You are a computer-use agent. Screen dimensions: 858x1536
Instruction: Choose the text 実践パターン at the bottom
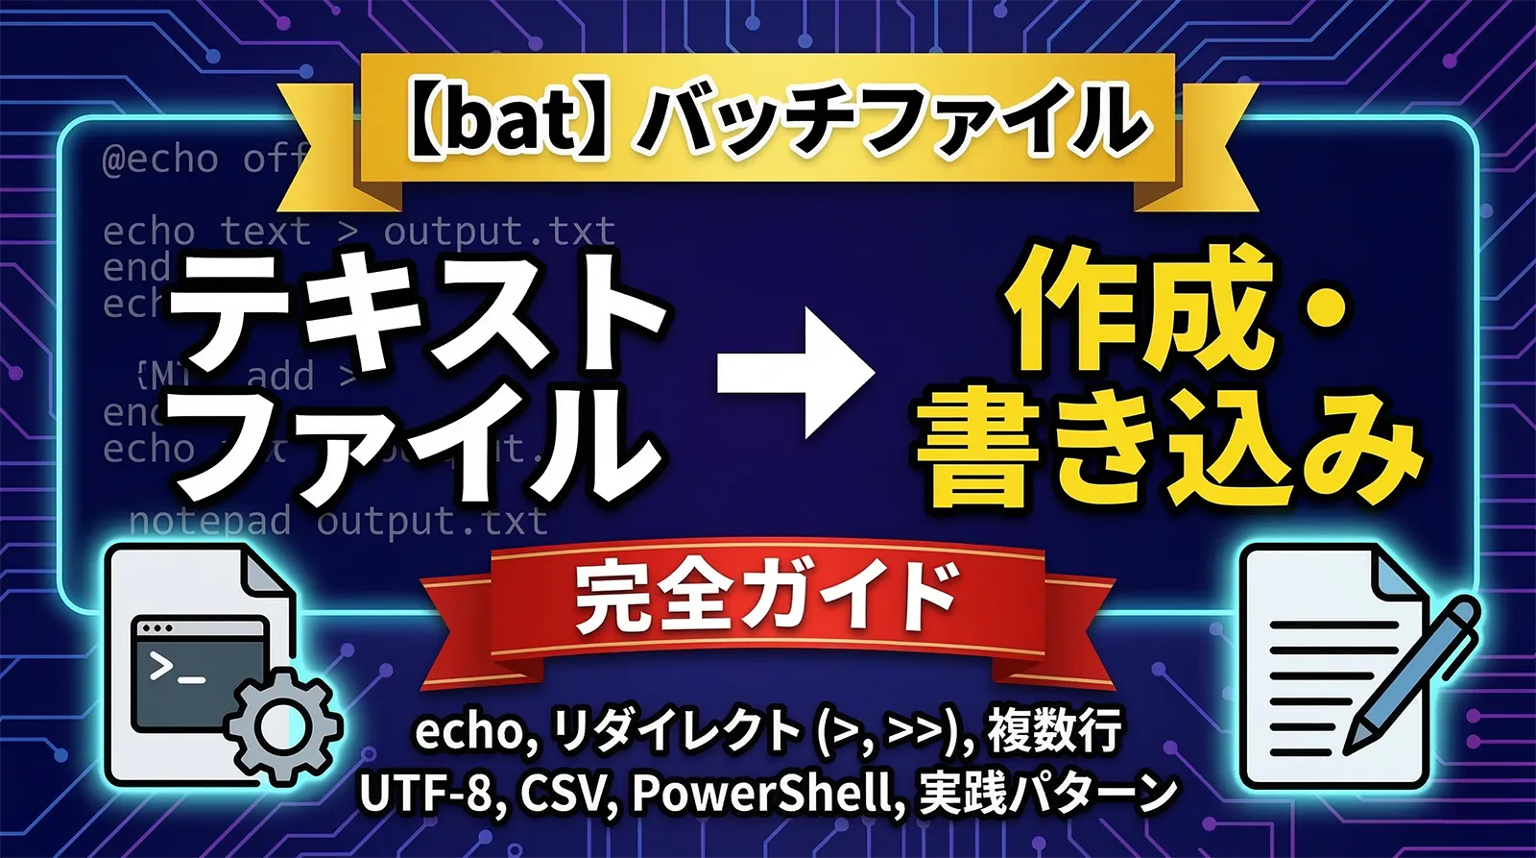tap(1047, 795)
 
